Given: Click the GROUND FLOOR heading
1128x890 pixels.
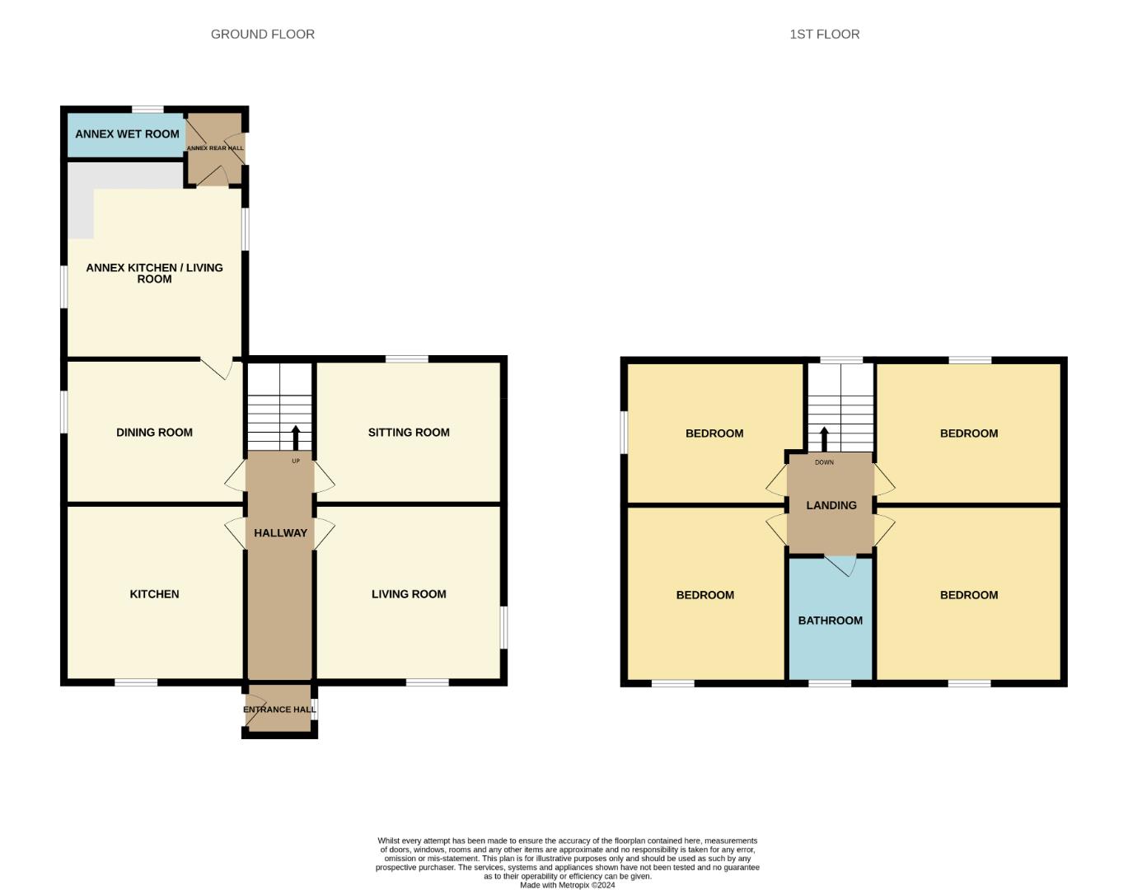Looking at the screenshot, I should (x=262, y=34).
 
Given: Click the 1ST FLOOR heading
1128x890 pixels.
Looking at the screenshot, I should (x=824, y=34).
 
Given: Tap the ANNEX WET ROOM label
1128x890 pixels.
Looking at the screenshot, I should (x=127, y=133).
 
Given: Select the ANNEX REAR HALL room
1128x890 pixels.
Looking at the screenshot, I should (x=214, y=148).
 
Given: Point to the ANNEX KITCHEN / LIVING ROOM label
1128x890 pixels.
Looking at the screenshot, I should (x=154, y=273).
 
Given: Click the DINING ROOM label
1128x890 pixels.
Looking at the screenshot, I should (x=154, y=432).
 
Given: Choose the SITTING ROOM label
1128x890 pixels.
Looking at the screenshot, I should (x=409, y=432).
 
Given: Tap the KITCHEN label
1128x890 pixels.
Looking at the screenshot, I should (x=154, y=593).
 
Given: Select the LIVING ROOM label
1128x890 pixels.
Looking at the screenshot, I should (x=409, y=593).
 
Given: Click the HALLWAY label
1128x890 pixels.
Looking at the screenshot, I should (x=280, y=532).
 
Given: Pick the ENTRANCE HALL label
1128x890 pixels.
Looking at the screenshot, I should (x=279, y=709).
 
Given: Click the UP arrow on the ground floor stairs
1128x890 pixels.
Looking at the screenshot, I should (x=296, y=437).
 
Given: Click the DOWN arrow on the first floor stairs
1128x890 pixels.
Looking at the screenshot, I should (x=824, y=438).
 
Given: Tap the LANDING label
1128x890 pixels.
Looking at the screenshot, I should (x=831, y=505).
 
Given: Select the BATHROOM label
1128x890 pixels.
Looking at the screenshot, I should (x=830, y=620).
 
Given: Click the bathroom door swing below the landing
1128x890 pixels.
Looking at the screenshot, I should (x=841, y=565).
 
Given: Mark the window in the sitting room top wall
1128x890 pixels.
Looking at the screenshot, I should (x=407, y=358).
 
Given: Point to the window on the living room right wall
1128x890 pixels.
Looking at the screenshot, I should (x=504, y=627).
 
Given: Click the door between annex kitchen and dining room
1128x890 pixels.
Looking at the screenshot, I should (x=216, y=368).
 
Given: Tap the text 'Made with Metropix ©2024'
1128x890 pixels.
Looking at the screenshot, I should (x=567, y=885).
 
